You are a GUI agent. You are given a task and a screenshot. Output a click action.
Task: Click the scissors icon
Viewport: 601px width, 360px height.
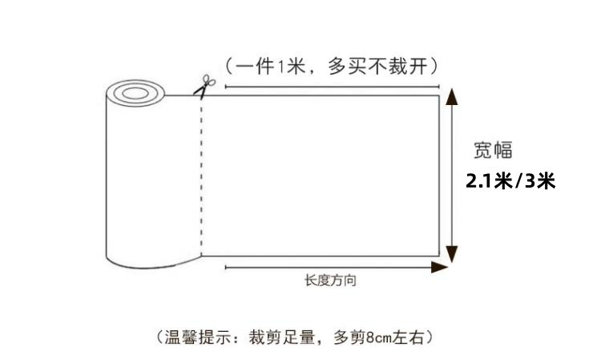204,86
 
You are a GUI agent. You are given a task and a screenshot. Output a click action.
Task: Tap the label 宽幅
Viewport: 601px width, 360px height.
492,149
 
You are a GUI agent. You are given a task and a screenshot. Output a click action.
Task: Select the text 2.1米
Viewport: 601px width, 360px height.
489,181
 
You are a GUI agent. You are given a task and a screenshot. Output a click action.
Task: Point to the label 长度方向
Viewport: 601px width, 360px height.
330,281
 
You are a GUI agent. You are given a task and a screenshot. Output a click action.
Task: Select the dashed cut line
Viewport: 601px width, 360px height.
200,176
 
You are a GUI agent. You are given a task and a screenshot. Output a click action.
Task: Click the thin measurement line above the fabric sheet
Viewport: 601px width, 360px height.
332,86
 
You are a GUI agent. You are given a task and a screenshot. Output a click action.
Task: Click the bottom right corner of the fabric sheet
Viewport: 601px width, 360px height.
439,254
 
